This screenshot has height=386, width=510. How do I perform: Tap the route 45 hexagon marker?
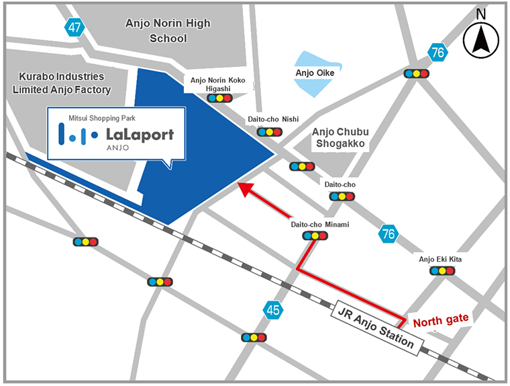coord(272,310)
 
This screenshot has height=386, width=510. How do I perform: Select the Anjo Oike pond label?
coord(315,72)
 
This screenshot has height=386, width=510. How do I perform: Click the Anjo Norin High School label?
coord(168,31)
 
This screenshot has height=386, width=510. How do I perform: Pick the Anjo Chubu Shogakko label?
coord(341,139)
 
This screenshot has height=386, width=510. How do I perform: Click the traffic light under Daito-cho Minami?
coord(315,235)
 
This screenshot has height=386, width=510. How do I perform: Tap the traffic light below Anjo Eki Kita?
coord(442,270)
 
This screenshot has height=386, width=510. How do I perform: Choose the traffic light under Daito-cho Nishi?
coord(270,132)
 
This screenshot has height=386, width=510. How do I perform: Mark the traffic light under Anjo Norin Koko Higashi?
coord(219,98)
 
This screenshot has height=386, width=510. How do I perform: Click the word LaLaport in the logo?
coord(140,134)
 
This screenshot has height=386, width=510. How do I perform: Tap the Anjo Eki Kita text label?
coord(440,259)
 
